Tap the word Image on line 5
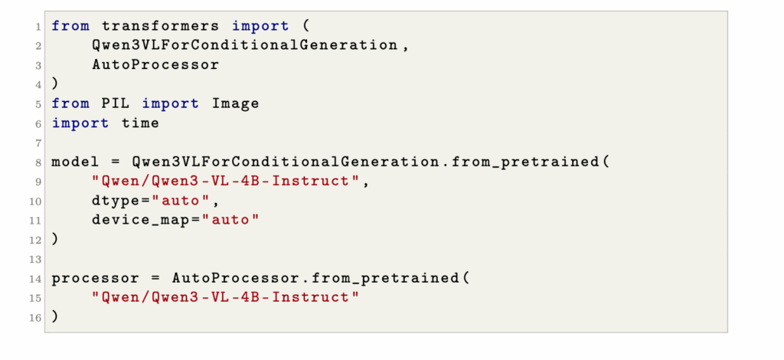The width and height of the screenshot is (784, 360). [x=235, y=103]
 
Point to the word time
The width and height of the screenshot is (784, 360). [x=140, y=123]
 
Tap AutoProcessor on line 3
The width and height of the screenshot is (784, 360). [x=155, y=64]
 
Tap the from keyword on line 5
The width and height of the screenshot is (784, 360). [x=70, y=103]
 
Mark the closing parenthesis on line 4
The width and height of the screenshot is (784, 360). [x=55, y=83]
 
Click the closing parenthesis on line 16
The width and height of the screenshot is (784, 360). [x=55, y=316]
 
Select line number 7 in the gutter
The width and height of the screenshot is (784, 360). [x=38, y=143]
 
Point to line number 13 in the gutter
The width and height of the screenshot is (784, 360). [x=35, y=259]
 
